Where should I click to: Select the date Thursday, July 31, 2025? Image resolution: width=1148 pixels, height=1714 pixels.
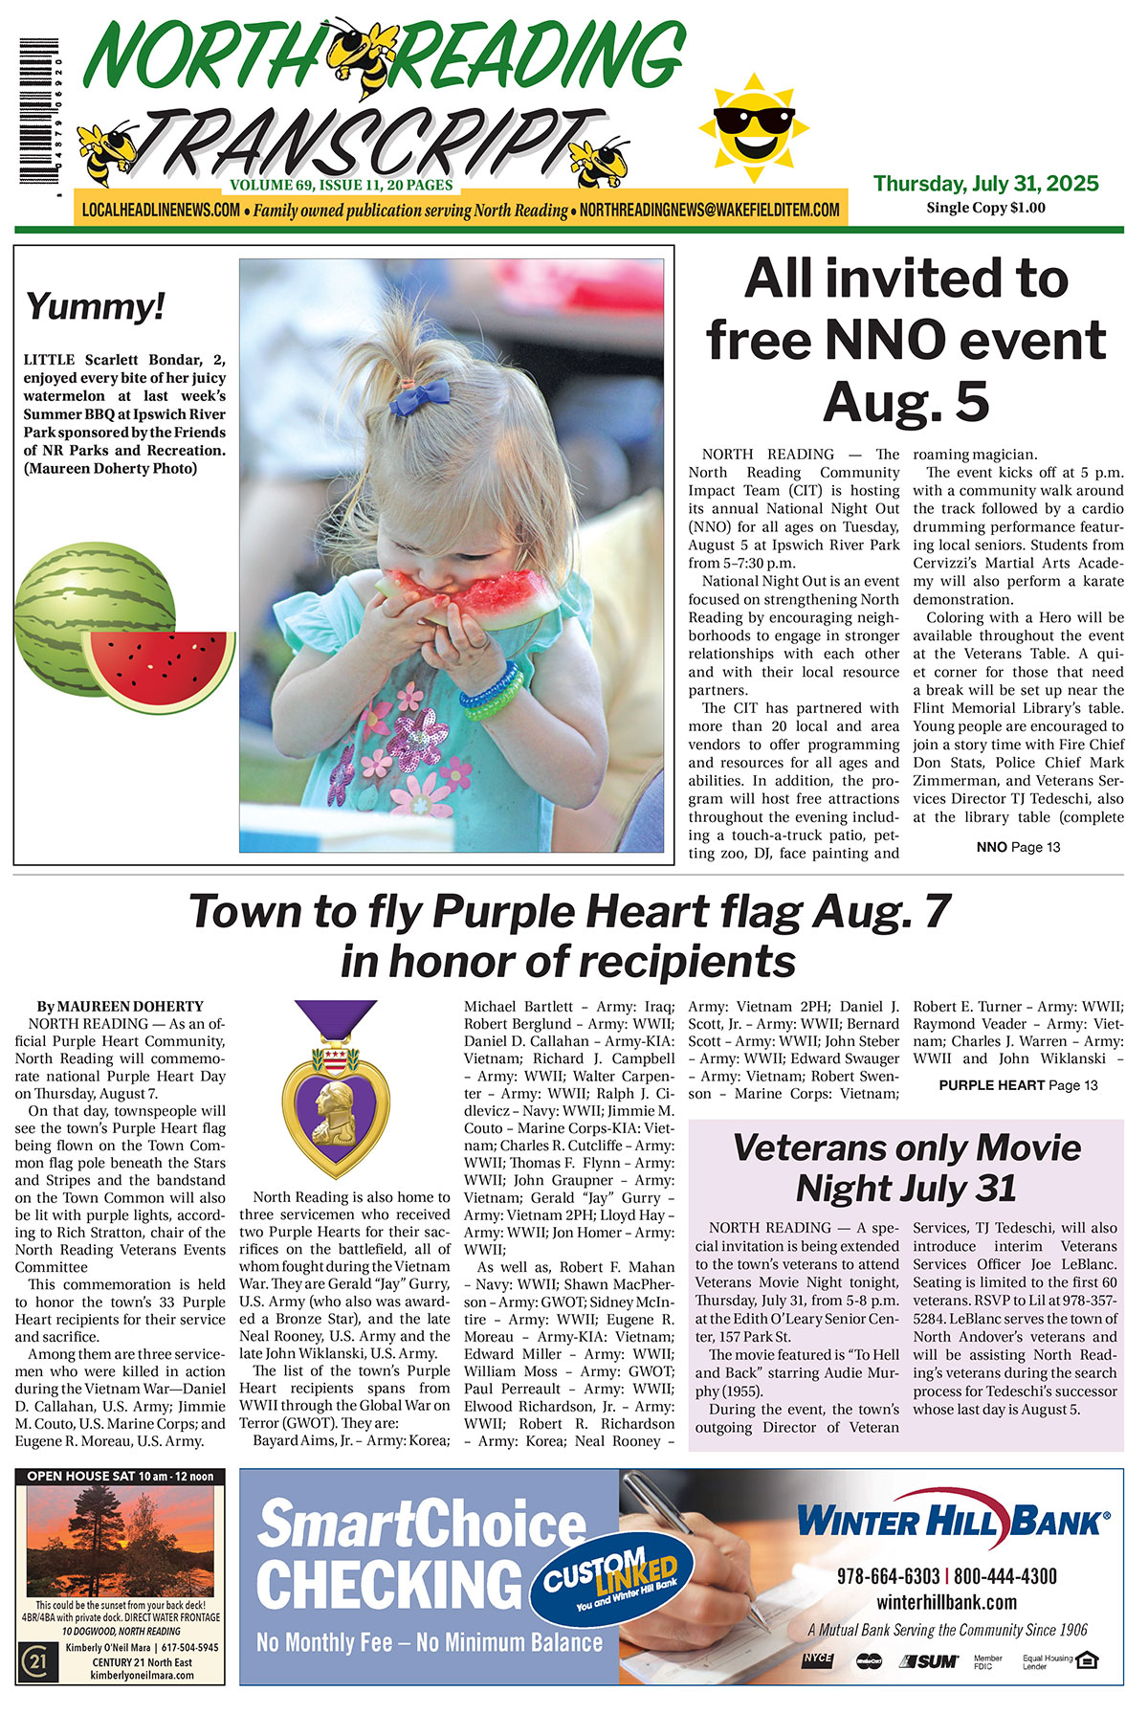coord(985,183)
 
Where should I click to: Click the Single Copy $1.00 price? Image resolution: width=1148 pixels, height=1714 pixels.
coord(985,208)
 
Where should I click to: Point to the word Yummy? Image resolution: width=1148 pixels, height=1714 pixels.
coord(96,307)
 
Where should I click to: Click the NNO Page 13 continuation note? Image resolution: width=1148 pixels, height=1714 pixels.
coord(1018,847)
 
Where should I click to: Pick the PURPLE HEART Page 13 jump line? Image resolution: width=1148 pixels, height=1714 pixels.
coord(1018,1085)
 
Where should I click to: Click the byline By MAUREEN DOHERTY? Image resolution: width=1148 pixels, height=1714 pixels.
coord(121,1006)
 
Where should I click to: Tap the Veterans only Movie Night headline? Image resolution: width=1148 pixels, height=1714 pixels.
coord(906,1168)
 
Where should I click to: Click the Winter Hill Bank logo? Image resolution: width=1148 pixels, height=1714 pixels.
coord(953,1521)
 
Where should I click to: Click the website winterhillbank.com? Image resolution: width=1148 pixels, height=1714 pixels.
coord(946,1602)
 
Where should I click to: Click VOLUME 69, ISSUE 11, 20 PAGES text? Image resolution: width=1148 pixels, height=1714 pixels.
coord(341,185)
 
